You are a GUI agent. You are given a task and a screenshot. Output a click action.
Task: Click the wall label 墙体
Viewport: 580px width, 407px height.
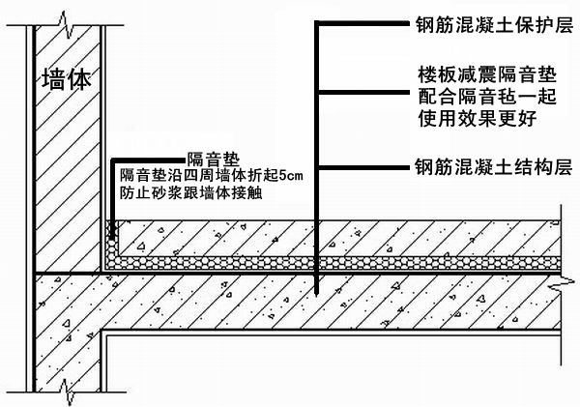click(67, 80)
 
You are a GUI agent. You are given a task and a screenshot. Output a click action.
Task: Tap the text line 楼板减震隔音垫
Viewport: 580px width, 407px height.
click(473, 74)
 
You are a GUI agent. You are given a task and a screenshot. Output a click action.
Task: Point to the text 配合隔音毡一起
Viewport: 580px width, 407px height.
click(473, 97)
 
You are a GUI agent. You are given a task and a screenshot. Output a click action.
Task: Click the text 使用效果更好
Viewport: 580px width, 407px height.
click(473, 119)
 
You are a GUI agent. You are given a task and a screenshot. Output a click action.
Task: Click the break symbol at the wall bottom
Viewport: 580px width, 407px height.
click(65, 390)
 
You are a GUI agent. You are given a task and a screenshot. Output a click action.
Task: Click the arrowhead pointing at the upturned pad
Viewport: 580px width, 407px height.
click(113, 230)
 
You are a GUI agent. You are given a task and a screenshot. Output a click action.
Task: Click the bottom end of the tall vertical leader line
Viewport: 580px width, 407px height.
click(318, 292)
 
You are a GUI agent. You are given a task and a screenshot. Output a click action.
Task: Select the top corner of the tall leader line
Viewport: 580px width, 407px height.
click(318, 21)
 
